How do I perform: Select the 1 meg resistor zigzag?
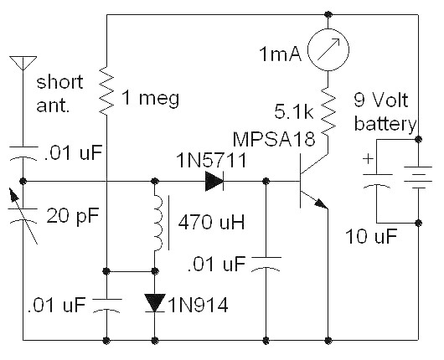click(x=106, y=90)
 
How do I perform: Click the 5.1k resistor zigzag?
click(x=328, y=113)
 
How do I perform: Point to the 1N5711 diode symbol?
click(x=214, y=181)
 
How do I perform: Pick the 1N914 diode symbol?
click(x=155, y=303)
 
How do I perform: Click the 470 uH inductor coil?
click(x=158, y=223)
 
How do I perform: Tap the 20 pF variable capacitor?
click(x=23, y=216)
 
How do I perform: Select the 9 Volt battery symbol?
click(x=418, y=177)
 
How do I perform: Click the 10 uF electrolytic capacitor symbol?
click(x=377, y=180)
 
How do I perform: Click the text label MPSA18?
click(x=274, y=139)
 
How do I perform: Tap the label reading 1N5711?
click(x=211, y=161)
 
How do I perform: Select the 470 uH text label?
click(x=211, y=222)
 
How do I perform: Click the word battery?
click(x=385, y=124)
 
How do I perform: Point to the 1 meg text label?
click(x=150, y=98)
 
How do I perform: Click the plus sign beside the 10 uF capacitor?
click(x=368, y=159)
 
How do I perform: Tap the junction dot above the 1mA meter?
click(x=328, y=14)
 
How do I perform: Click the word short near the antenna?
click(x=59, y=82)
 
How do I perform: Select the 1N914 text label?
click(x=199, y=305)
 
